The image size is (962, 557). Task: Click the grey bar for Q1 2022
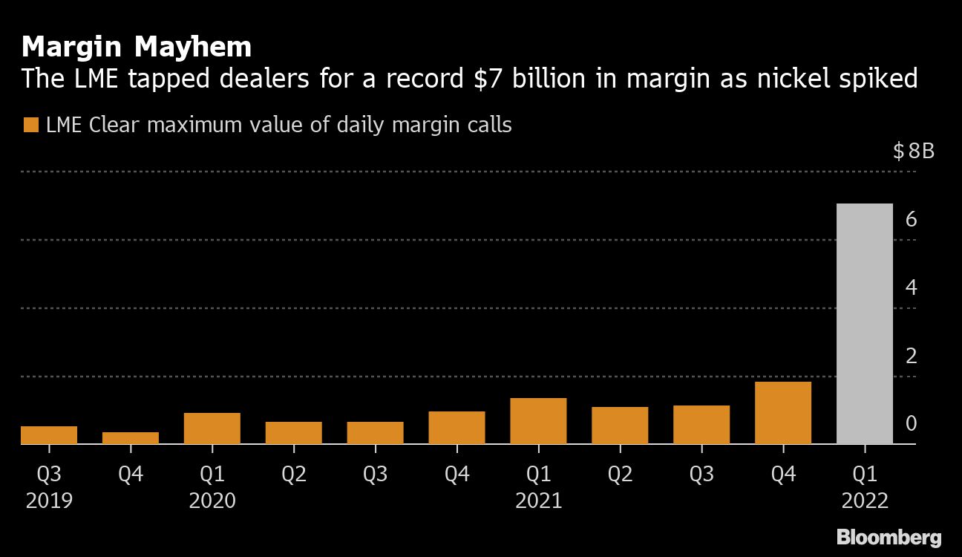[x=864, y=324]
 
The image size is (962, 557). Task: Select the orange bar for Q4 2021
[x=783, y=413]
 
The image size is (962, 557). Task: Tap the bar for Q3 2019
[x=49, y=435]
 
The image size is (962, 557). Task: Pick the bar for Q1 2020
[x=212, y=429]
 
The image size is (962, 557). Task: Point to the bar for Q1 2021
[x=538, y=421]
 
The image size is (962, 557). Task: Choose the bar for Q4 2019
[x=131, y=438]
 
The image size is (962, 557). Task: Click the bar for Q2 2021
[x=620, y=426]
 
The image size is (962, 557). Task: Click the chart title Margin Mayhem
[x=137, y=48]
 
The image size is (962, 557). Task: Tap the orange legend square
[x=30, y=125]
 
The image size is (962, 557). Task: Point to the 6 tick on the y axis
[x=912, y=220]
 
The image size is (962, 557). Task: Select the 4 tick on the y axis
[x=912, y=288]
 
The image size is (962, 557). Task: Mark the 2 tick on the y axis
[x=912, y=356]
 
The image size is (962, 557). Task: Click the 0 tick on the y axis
[x=912, y=424]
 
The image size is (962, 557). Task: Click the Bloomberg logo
[x=889, y=538]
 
